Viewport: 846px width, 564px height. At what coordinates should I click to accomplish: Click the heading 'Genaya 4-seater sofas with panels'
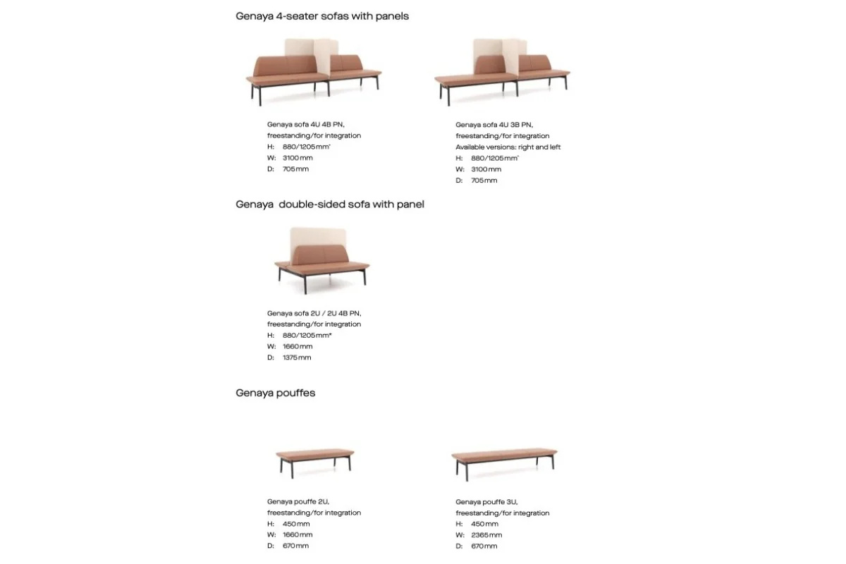322,16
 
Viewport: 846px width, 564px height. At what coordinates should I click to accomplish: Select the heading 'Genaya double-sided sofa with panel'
330,204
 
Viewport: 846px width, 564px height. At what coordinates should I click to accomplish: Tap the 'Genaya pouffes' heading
276,393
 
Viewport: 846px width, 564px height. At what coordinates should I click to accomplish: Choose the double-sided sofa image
321,259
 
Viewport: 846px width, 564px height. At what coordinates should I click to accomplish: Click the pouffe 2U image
314,459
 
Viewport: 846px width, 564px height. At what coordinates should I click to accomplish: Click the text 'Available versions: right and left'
508,147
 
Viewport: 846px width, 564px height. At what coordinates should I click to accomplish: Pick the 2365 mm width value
487,534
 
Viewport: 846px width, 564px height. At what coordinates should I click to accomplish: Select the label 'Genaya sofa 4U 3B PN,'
494,124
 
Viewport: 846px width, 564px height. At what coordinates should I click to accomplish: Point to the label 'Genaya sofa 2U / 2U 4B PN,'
314,313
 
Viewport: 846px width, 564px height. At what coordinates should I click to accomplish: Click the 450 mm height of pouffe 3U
484,524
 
